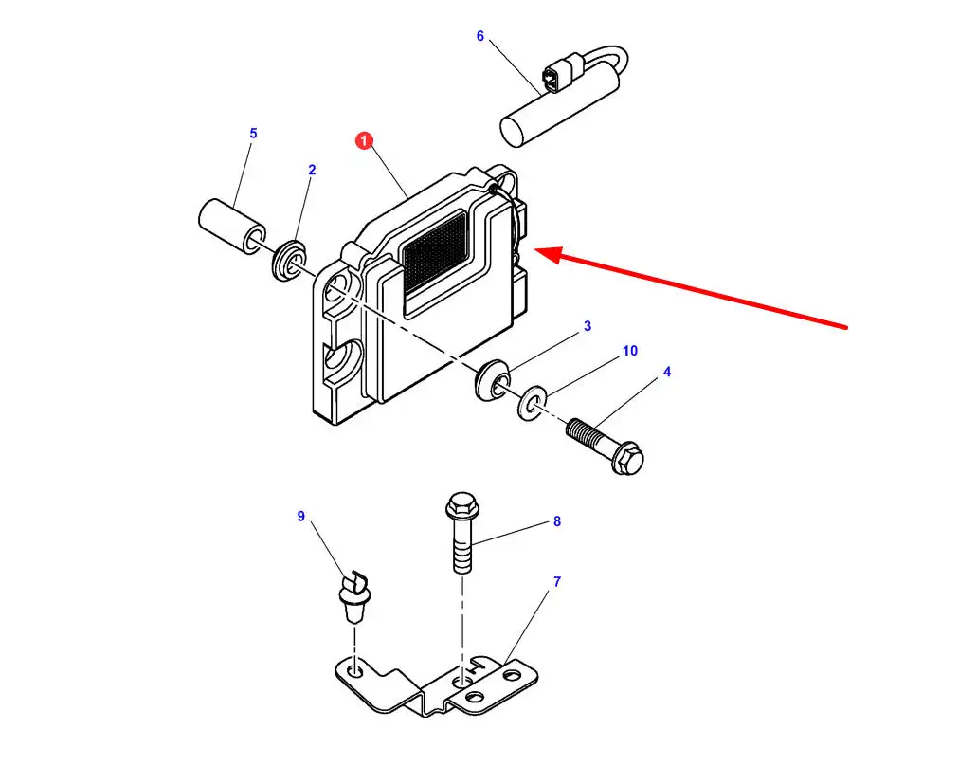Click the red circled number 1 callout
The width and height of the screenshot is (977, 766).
364,141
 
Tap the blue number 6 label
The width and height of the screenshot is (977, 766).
479,36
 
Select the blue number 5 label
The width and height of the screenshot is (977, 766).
253,134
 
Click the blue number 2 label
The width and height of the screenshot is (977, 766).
312,170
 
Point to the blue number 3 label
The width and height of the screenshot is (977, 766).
587,326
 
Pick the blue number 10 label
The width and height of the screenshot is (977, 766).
630,351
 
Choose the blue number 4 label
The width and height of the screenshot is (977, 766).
667,372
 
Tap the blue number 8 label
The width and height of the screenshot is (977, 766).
557,521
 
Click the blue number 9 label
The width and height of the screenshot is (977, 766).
301,516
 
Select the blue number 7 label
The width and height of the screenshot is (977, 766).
557,581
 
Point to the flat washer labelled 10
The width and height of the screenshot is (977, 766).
532,403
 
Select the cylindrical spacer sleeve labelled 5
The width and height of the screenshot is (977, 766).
232,226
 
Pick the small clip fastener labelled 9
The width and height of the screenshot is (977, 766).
353,596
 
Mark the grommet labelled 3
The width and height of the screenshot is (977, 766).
492,380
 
